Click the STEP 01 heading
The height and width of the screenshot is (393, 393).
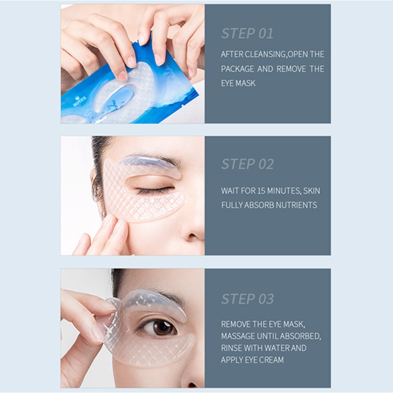pyautogui.click(x=247, y=33)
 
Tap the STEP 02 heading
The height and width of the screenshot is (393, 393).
pyautogui.click(x=248, y=164)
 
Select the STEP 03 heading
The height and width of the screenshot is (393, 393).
pyautogui.click(x=248, y=299)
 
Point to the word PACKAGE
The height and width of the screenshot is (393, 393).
pyautogui.click(x=237, y=69)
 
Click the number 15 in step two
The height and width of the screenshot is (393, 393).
pyautogui.click(x=261, y=191)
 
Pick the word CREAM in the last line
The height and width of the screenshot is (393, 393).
pyautogui.click(x=272, y=360)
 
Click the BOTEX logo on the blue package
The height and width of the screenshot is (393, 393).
pyautogui.click(x=80, y=101)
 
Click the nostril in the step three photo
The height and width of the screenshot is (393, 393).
pyautogui.click(x=193, y=386)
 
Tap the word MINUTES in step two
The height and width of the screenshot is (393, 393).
pyautogui.click(x=284, y=191)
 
